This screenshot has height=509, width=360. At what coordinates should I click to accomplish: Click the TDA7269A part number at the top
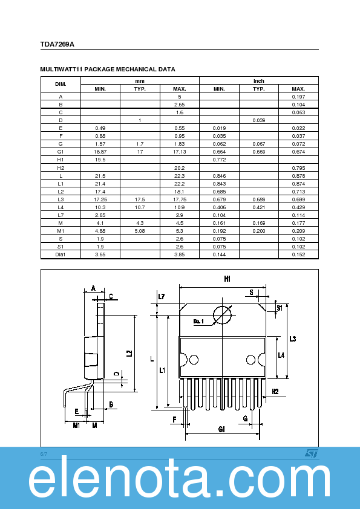click(x=57, y=44)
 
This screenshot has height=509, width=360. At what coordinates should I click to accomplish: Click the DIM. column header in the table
click(x=61, y=85)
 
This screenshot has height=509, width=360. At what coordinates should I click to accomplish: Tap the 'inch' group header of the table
click(x=258, y=81)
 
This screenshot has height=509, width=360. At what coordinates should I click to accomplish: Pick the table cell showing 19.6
click(x=100, y=160)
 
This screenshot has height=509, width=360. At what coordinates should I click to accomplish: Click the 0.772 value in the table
click(x=219, y=160)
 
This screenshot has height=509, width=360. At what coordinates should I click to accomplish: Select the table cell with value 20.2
click(x=179, y=167)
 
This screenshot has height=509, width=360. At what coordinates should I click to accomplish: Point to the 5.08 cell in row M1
click(x=140, y=230)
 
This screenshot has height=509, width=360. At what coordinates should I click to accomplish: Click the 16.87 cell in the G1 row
click(x=100, y=152)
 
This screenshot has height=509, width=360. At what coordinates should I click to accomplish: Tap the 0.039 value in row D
click(x=258, y=120)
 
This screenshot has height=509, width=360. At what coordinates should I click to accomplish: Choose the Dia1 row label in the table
click(x=61, y=254)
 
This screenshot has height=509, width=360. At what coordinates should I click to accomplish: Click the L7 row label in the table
click(x=61, y=215)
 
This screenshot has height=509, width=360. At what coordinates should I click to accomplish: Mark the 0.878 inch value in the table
click(x=298, y=175)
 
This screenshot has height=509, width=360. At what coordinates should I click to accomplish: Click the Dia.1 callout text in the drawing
click(x=199, y=321)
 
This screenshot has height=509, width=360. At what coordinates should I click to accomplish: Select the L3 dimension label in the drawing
click(x=292, y=339)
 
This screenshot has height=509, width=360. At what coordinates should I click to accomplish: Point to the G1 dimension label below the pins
click(x=221, y=429)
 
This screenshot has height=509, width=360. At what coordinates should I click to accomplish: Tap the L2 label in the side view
click(x=129, y=353)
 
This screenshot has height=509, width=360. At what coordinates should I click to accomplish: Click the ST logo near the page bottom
click(x=310, y=453)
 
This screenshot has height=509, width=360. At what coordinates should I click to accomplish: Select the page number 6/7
click(x=44, y=453)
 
